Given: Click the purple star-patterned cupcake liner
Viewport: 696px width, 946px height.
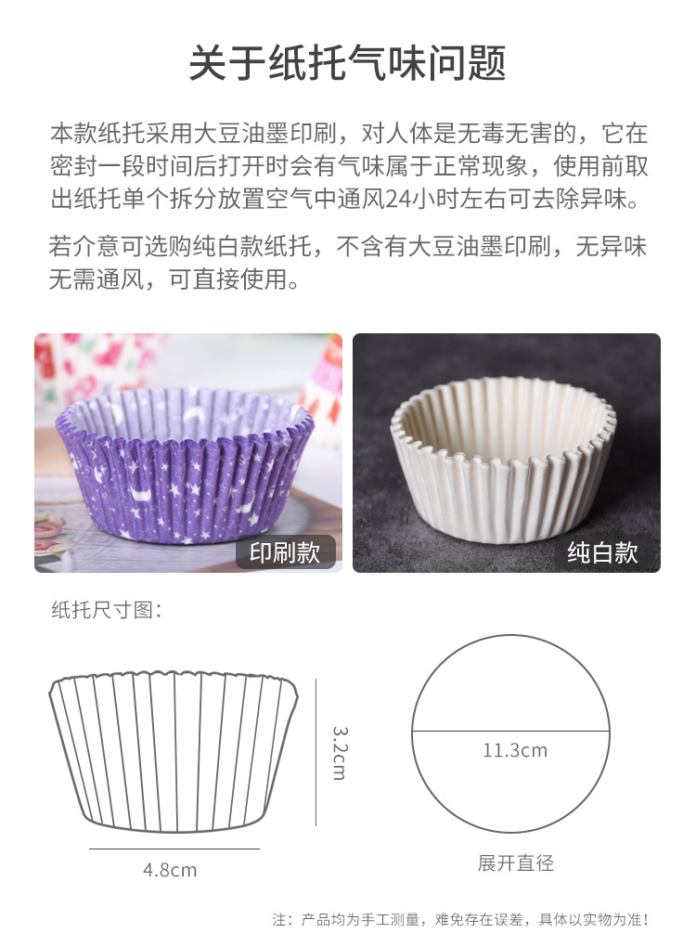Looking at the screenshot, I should (x=186, y=464).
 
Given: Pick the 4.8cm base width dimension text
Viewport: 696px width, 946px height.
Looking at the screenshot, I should (x=170, y=870).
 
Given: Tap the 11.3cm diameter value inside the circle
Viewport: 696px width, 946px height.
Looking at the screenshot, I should (x=515, y=750).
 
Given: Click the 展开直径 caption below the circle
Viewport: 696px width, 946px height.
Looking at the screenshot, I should (x=516, y=863).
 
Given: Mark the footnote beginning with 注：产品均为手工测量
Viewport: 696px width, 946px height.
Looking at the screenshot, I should (x=460, y=920).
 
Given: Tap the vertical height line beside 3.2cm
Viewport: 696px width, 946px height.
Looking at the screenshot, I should (x=316, y=752).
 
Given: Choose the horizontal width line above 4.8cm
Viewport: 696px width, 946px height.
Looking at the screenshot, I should (x=174, y=849).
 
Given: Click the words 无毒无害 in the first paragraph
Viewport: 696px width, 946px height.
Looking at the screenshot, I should (x=509, y=133).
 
